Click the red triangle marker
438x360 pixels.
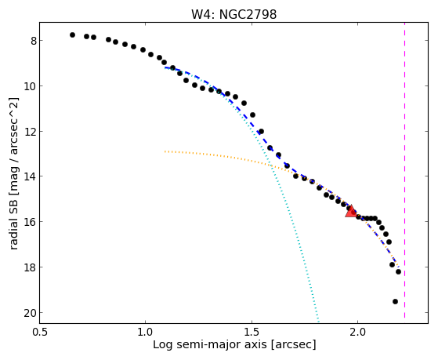351,211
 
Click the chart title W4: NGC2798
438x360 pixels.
233,14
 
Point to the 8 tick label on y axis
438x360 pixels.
34,41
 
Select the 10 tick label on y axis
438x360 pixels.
31,86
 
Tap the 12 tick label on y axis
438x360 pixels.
31,132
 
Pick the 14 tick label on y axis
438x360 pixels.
31,176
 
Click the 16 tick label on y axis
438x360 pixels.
31,222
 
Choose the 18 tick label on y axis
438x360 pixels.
31,267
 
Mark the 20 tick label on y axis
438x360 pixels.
31,313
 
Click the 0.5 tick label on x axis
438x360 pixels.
40,332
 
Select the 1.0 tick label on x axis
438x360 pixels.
146,332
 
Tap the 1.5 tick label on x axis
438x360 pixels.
252,332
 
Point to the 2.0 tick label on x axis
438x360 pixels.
358,332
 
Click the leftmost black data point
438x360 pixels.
72,35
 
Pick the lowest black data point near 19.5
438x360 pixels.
395,301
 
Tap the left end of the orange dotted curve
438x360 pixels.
165,151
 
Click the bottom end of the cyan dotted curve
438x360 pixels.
318,321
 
